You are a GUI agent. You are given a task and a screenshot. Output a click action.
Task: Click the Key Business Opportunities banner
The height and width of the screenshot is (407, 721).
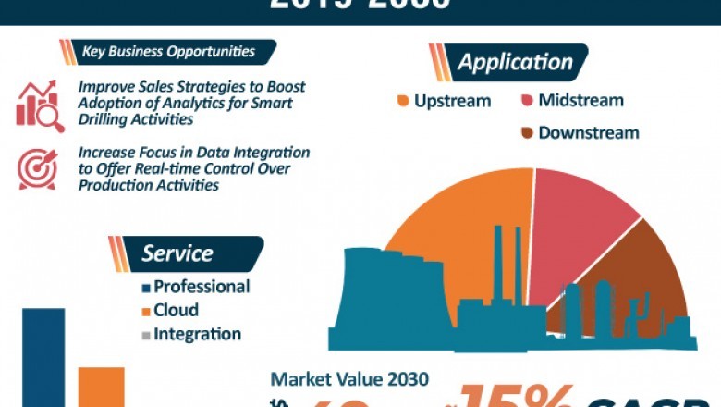[166, 52]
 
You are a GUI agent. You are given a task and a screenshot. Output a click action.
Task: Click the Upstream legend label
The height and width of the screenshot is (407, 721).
[452, 101]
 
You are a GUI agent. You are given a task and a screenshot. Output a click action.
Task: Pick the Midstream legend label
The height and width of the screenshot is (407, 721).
[580, 100]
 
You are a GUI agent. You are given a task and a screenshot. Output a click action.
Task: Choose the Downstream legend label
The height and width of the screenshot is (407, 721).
[588, 132]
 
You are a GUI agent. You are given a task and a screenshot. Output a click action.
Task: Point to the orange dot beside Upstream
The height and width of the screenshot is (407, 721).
[403, 101]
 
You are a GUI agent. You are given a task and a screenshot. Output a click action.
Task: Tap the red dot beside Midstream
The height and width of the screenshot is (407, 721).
[527, 101]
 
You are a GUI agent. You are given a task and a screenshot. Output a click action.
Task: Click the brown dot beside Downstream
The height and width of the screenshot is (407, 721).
[527, 132]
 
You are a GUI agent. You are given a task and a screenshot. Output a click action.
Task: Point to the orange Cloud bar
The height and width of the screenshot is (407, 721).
[101, 387]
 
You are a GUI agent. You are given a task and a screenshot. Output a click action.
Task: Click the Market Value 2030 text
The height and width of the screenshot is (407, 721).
[349, 379]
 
